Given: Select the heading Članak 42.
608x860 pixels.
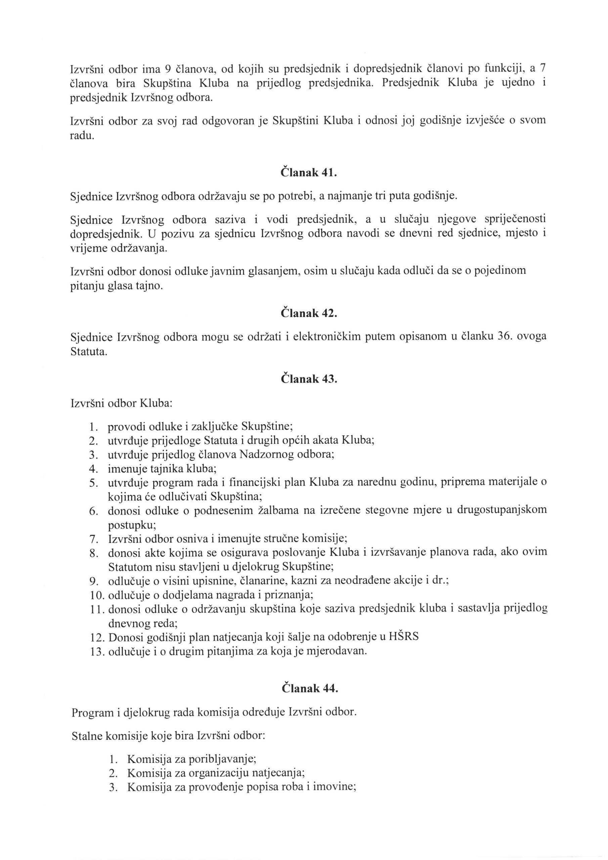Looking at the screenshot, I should click(x=309, y=313).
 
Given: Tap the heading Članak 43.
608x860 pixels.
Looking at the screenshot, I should click(x=309, y=379).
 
